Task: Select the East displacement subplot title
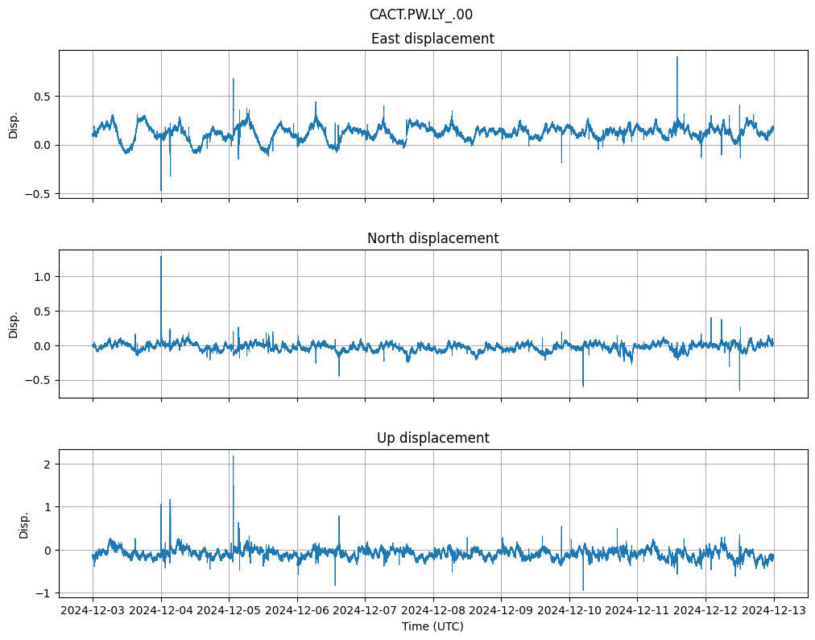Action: tap(432, 39)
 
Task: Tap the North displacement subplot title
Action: tap(432, 238)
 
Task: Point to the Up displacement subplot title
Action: tap(432, 438)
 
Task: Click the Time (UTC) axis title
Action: tap(432, 626)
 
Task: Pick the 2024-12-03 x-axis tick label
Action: tap(93, 610)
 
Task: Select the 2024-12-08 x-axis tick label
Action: tap(433, 610)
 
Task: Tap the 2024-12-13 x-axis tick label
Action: tap(774, 610)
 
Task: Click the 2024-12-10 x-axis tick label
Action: tap(569, 610)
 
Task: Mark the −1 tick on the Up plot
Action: tap(45, 593)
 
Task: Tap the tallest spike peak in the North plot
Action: tap(161, 257)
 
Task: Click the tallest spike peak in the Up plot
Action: tap(234, 456)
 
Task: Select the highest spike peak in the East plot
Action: tap(676, 57)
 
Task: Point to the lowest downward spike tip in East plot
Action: tap(161, 191)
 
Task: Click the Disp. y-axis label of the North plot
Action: tap(14, 324)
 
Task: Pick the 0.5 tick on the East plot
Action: tap(42, 96)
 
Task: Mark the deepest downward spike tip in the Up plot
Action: tap(583, 590)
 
